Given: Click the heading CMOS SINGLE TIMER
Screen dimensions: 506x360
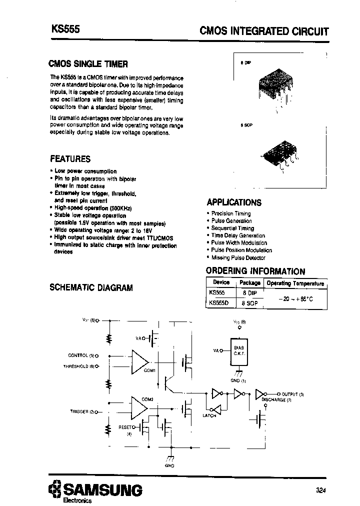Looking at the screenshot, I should [x=88, y=64].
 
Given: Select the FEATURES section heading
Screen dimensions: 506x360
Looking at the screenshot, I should [x=70, y=159].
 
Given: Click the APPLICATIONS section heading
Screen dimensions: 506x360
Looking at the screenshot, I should [x=234, y=202].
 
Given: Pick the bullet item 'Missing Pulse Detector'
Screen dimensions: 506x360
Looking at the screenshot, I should [x=238, y=257].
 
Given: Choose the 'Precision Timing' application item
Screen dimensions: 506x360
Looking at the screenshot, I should [x=231, y=213].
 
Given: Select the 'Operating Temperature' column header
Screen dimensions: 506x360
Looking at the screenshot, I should [x=295, y=283].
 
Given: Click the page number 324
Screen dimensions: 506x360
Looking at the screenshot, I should [x=321, y=490].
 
